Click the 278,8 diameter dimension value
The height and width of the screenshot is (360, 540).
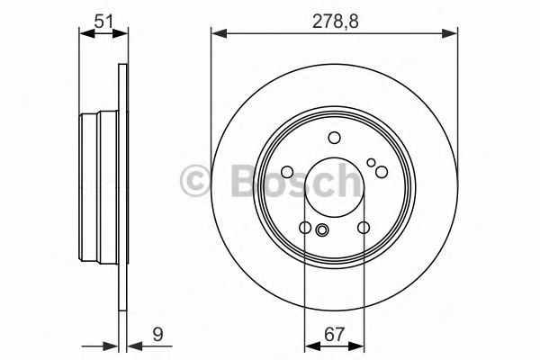point(335,22)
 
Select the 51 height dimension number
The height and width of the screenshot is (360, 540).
point(103,22)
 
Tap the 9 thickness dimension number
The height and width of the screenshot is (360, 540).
point(157,335)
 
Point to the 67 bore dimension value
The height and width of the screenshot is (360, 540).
point(334,335)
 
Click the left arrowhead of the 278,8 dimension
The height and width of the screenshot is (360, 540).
point(219,34)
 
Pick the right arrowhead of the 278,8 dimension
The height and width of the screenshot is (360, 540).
point(450,34)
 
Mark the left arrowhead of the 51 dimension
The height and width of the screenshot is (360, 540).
point(86,33)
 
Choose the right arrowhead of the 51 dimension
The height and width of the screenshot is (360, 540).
point(120,33)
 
